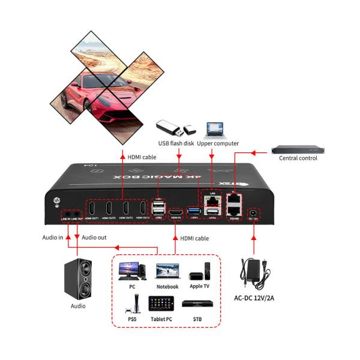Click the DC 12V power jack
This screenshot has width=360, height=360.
tap(254, 213)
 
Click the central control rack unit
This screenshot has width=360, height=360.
tap(298, 148)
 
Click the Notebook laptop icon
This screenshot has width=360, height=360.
tap(167, 272)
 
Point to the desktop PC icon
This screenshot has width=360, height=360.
tap(130, 271)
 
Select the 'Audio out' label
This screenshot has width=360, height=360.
tap(94, 238)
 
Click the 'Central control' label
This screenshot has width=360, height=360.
tap(298, 158)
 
